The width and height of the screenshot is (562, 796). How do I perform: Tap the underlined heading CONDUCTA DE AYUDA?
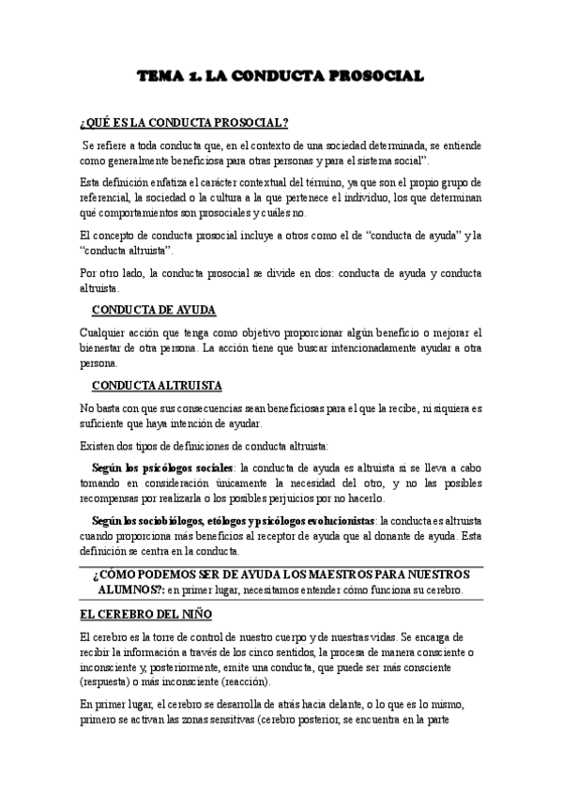click(x=154, y=311)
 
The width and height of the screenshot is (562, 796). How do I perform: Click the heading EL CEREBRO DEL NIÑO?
click(x=145, y=615)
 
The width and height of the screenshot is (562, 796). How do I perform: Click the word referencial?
click(x=106, y=197)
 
